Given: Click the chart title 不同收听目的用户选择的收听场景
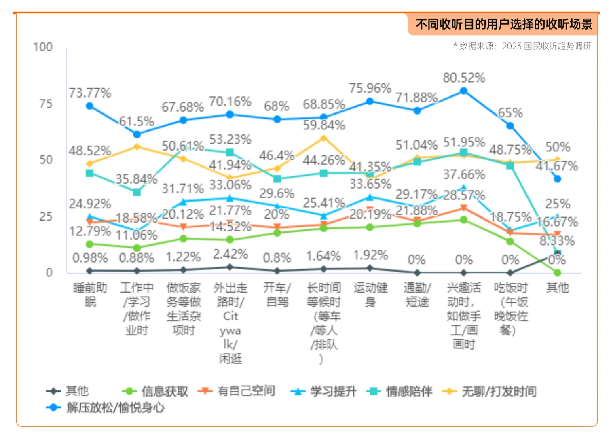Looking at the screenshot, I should [x=504, y=24].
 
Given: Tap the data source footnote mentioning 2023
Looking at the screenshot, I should [x=522, y=46].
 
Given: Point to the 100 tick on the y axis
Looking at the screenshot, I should [x=43, y=47].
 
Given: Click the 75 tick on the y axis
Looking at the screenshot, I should [x=46, y=104].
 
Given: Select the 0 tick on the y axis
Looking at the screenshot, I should [x=49, y=272].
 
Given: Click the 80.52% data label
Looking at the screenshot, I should [x=464, y=78].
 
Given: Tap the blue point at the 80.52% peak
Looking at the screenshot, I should [x=464, y=91].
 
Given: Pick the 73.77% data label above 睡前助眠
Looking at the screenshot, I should [x=89, y=93].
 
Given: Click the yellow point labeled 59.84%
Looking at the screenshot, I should [x=323, y=138].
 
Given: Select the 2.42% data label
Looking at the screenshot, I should [x=230, y=254].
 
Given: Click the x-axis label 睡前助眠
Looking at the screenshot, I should [x=90, y=295].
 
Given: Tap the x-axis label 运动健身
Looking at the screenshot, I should [x=370, y=295].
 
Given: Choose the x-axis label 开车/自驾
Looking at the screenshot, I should [x=277, y=295].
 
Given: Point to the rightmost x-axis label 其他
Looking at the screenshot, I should [x=557, y=288].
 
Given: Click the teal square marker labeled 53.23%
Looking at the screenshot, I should [x=230, y=153].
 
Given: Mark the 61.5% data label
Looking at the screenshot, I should [x=137, y=121].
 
